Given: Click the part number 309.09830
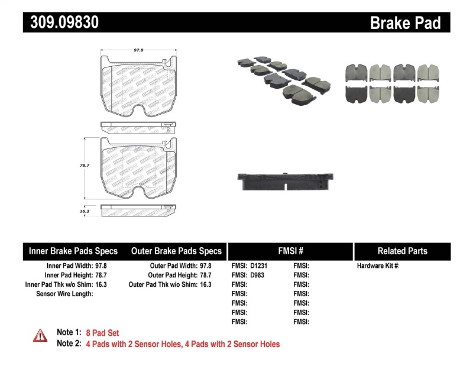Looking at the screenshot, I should (x=61, y=22).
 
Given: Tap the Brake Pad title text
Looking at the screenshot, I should (x=405, y=23).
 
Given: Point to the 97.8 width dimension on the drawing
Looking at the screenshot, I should (x=137, y=51).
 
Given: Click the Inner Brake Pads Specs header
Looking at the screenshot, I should (x=73, y=251).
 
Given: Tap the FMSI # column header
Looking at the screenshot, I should (x=290, y=251).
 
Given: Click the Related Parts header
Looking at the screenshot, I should (x=402, y=251).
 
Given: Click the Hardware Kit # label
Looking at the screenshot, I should (x=378, y=266).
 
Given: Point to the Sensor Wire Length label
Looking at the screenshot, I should (x=65, y=293).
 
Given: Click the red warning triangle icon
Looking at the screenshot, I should (x=40, y=335).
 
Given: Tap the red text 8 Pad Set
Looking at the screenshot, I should (x=102, y=333).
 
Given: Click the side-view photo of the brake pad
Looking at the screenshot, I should (x=286, y=182).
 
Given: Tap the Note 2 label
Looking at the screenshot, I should (x=69, y=344).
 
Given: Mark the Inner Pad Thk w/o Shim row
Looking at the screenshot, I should (x=66, y=284).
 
